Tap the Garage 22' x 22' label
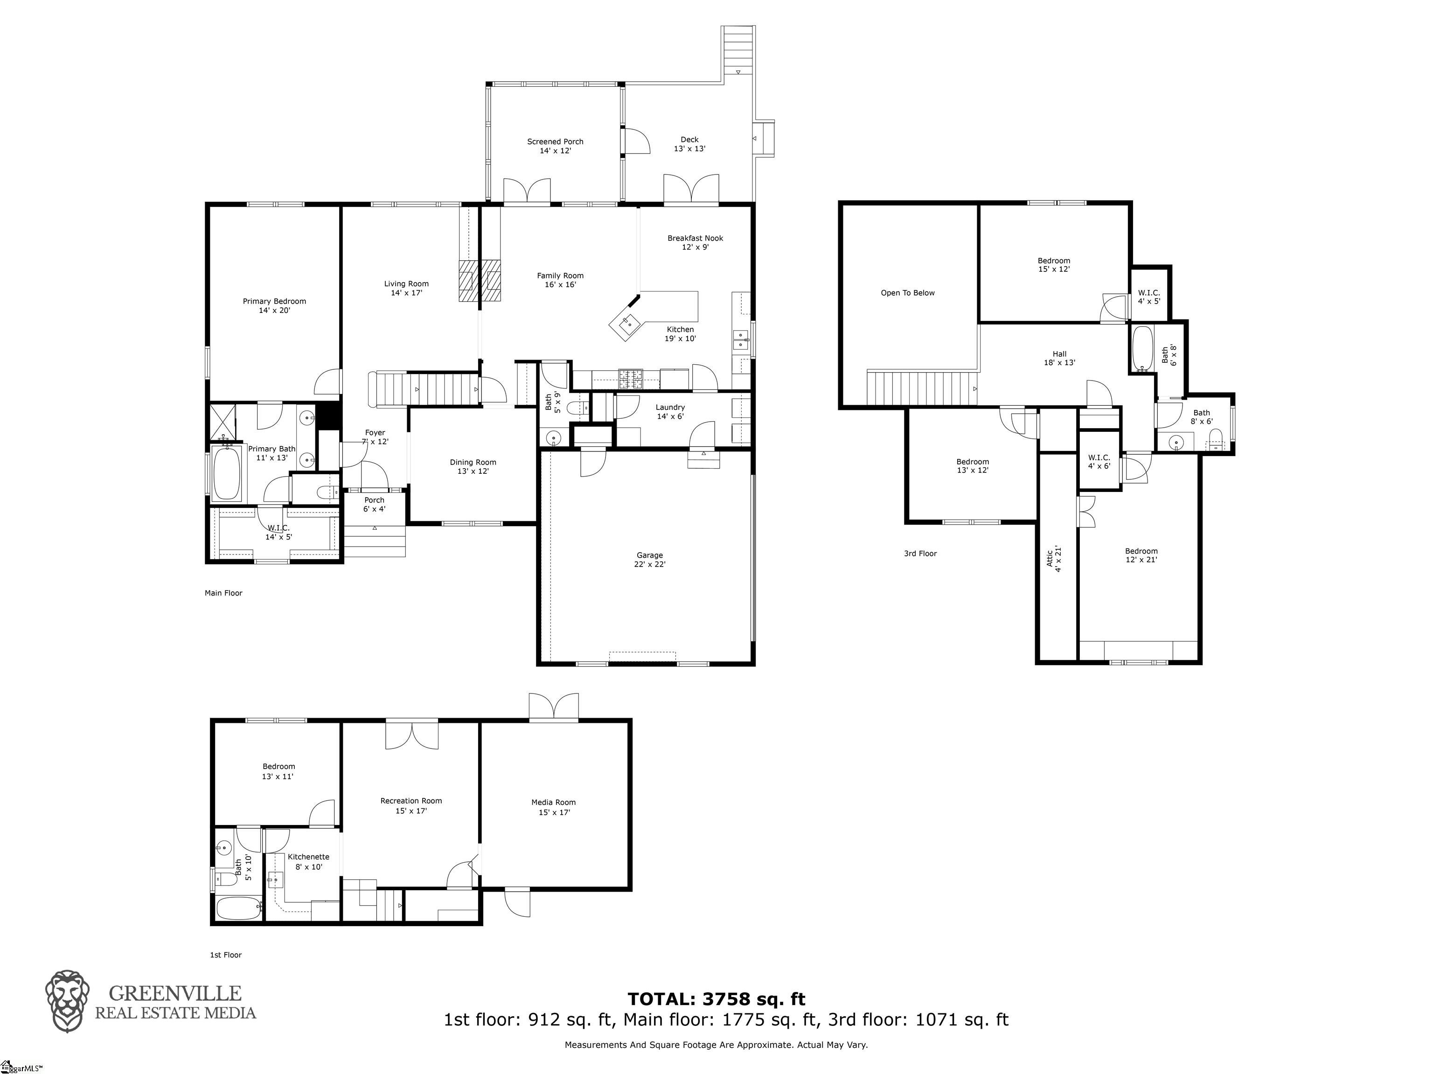[650, 560]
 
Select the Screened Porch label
[555, 146]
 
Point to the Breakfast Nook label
[695, 242]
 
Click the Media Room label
[553, 807]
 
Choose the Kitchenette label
[308, 861]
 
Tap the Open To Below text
[908, 293]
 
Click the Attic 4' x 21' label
[1054, 559]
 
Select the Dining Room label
[473, 466]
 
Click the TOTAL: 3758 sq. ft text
[716, 999]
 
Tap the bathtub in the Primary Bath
[226, 472]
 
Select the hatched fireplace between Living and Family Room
[480, 280]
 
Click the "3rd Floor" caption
[920, 553]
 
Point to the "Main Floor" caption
[223, 593]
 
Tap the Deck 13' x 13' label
[689, 144]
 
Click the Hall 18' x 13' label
[1059, 358]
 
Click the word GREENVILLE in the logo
[175, 993]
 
